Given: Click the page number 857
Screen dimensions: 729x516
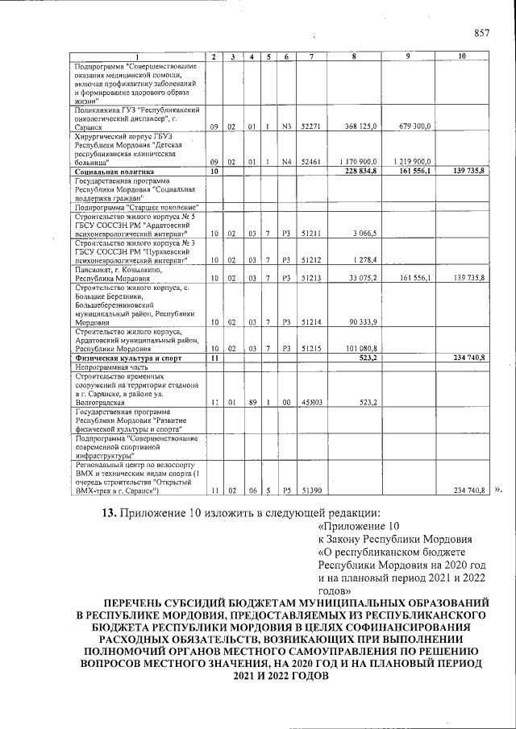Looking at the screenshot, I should [x=483, y=33].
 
